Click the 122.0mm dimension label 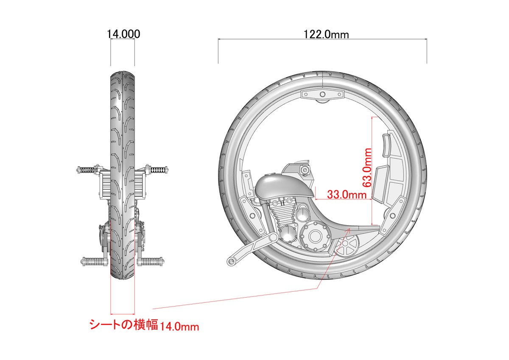326,34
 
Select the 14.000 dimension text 123,34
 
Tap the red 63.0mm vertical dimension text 367,167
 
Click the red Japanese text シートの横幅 124,324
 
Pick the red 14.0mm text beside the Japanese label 179,327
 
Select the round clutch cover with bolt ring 315,236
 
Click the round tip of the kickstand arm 231,262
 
